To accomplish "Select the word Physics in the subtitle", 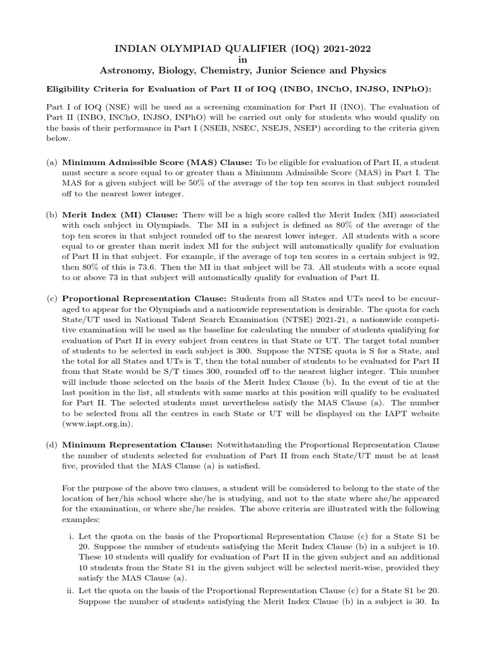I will [367, 70].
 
